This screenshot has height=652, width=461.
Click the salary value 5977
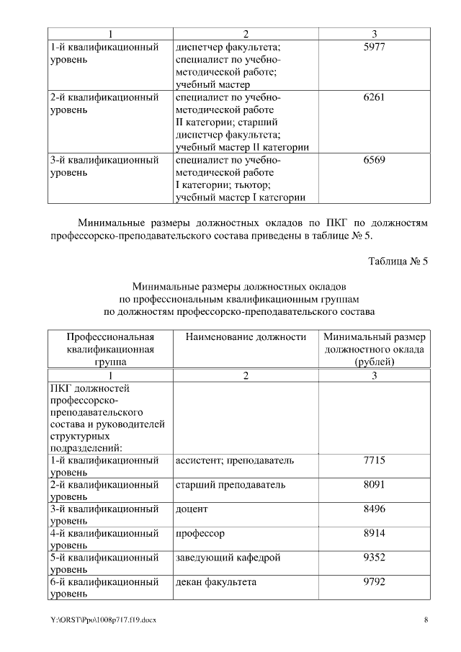[x=374, y=48]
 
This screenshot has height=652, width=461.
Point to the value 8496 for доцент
[x=374, y=509]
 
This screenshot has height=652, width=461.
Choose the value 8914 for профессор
[x=374, y=534]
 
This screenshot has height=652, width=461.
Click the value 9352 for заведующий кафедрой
[x=374, y=558]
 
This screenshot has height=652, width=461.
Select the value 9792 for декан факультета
[x=374, y=583]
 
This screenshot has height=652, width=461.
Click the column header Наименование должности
[x=241, y=336]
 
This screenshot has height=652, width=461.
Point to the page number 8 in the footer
[x=426, y=620]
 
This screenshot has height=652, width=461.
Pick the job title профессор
[x=200, y=534]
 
